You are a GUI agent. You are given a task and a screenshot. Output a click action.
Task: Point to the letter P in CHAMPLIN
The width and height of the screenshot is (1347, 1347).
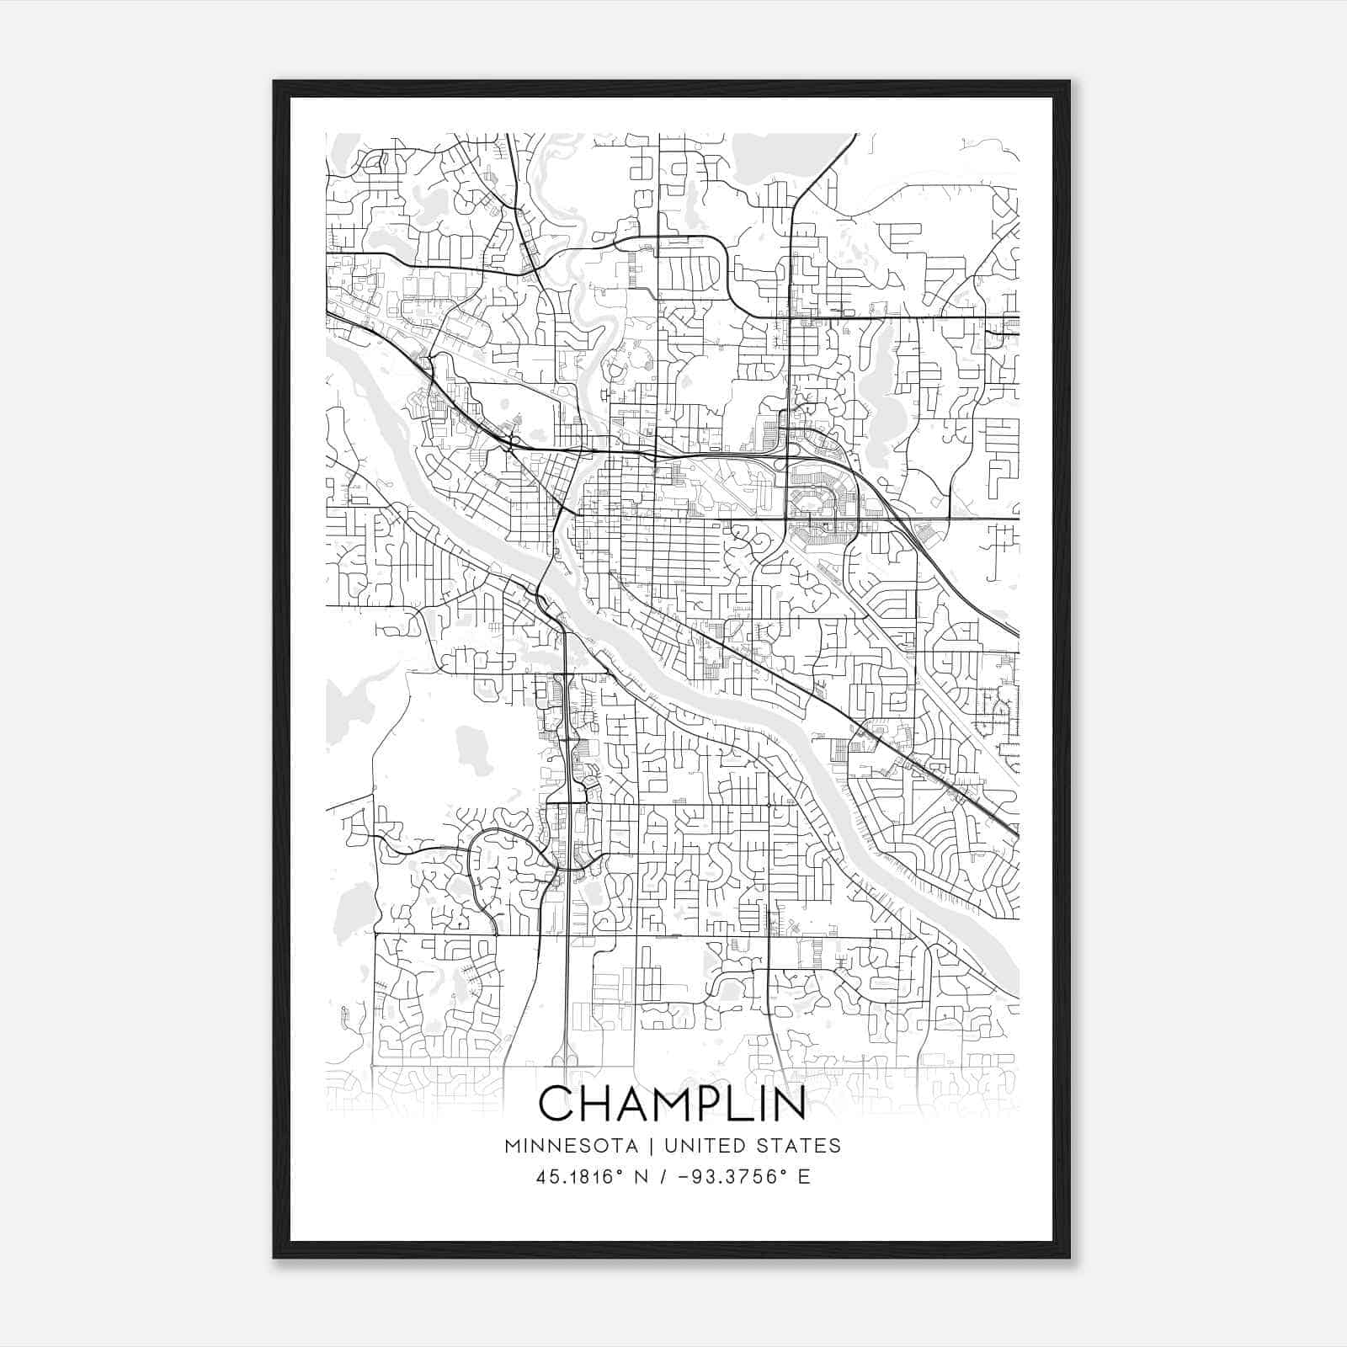704,1104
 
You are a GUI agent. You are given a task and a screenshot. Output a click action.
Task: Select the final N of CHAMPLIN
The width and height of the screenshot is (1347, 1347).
788,1104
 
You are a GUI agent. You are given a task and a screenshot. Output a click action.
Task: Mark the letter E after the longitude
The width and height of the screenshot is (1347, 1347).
805,1177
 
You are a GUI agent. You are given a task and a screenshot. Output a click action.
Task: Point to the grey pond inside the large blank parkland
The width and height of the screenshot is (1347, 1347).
474,749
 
